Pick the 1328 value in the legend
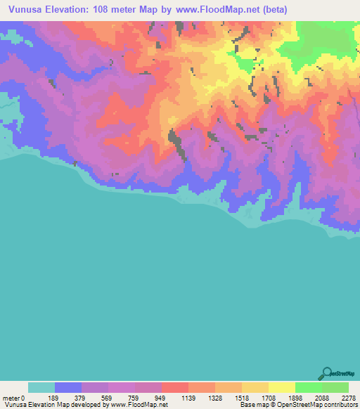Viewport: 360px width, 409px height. click(x=215, y=397)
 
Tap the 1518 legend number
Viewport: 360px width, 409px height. click(x=242, y=397)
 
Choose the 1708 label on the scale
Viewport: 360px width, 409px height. click(x=269, y=397)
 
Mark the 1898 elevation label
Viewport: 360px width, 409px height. click(x=295, y=397)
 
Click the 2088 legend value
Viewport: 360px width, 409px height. click(x=322, y=397)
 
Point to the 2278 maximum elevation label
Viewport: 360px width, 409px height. click(x=347, y=397)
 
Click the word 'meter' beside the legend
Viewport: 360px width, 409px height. click(x=11, y=397)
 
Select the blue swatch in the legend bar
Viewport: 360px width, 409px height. click(x=68, y=387)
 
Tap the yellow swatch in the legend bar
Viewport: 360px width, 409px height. click(x=282, y=387)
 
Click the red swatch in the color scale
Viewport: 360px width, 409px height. click(x=175, y=387)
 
